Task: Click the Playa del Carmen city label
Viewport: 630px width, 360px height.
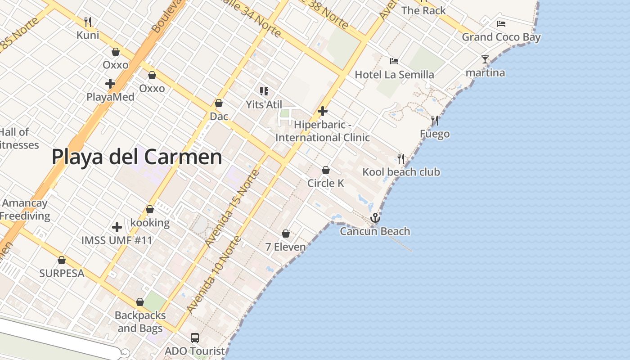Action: (x=137, y=157)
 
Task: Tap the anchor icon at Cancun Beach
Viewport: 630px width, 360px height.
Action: (x=375, y=218)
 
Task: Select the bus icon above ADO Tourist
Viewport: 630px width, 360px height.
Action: (x=195, y=337)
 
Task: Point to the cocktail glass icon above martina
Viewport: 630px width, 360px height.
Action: (x=485, y=59)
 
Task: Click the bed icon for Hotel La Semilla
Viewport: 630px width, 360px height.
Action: (x=394, y=61)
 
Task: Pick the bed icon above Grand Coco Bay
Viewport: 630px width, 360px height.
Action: (x=501, y=24)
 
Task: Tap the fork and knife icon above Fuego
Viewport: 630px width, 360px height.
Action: (x=435, y=121)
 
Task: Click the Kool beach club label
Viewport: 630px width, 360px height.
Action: (x=401, y=172)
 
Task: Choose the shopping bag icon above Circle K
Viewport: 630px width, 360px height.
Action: (x=326, y=170)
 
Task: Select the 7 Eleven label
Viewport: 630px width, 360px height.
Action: (x=285, y=247)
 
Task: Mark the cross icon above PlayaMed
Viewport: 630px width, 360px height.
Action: (x=110, y=84)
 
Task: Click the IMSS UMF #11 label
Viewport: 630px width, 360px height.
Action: (x=117, y=240)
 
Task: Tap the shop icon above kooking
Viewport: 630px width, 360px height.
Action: (x=150, y=209)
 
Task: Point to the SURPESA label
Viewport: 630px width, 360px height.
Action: (x=62, y=273)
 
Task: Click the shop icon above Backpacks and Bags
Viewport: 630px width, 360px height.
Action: (x=140, y=302)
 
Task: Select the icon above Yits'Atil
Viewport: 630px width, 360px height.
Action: (x=264, y=92)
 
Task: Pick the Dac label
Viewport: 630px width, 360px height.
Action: (x=219, y=117)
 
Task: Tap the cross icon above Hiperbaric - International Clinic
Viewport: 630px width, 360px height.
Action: (x=323, y=111)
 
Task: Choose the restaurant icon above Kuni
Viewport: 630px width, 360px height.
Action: (x=88, y=22)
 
